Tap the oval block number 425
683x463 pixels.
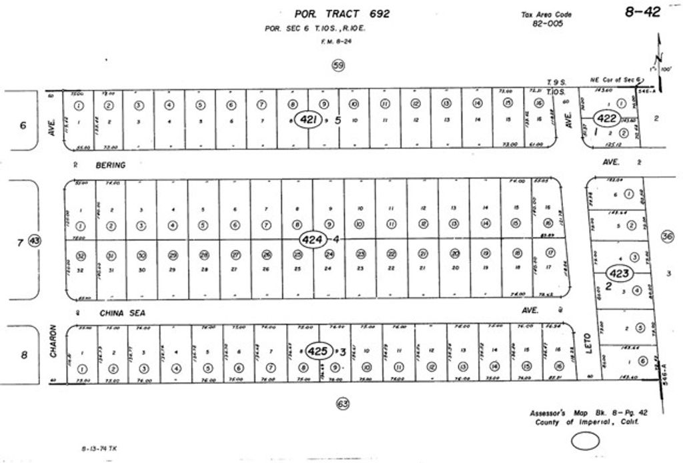point(319,350)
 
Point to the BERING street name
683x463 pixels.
point(111,164)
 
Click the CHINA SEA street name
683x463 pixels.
point(123,312)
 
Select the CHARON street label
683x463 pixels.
point(53,342)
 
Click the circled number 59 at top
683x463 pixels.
point(338,65)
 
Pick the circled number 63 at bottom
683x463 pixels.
point(342,403)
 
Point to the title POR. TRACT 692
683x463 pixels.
point(342,13)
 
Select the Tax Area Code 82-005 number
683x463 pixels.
point(548,23)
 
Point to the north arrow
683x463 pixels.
point(660,57)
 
